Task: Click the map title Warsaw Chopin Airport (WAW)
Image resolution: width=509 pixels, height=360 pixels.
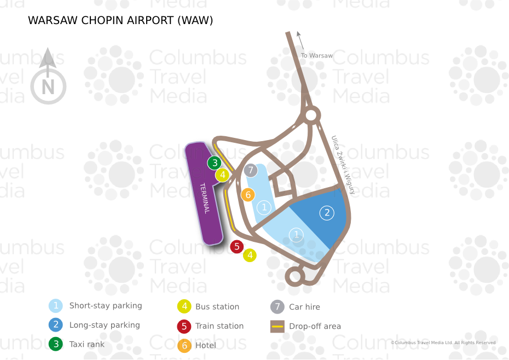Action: coord(120,21)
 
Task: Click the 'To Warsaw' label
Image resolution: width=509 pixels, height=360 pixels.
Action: coord(317,55)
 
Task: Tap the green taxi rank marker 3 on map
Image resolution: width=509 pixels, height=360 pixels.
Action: coord(215,163)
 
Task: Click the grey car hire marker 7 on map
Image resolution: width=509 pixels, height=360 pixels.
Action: coord(251,170)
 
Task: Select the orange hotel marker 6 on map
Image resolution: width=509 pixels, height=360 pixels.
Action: coord(248,195)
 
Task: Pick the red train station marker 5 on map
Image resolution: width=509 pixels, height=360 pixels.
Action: coord(237,247)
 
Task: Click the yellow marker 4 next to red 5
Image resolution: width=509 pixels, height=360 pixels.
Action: coord(250,255)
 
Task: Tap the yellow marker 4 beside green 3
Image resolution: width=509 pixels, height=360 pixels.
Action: coord(222,175)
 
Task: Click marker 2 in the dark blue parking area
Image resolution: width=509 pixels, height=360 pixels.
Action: coord(327,213)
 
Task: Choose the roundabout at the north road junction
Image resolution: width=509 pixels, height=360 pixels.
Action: coord(311,115)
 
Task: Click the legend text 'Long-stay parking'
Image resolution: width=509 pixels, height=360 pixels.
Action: coord(105,325)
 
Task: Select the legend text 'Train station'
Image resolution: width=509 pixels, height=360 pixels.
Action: coord(219,326)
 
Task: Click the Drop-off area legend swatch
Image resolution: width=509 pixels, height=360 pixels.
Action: coord(278,327)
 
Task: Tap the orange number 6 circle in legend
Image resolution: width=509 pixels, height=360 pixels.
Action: coord(184,346)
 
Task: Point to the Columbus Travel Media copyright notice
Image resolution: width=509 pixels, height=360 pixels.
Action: coord(443,343)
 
